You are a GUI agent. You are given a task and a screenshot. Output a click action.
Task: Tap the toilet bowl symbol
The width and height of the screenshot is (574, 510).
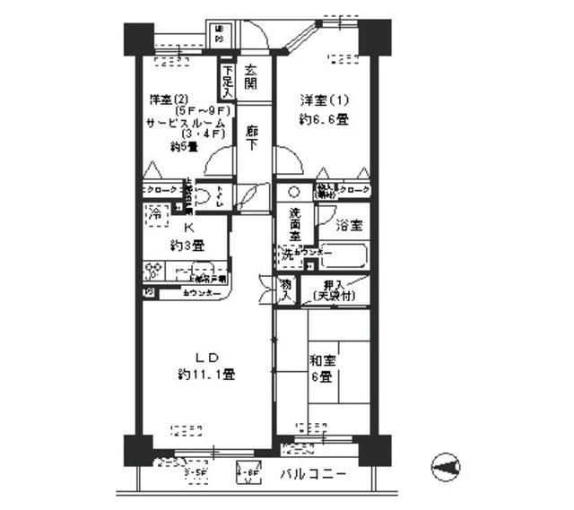[204, 199]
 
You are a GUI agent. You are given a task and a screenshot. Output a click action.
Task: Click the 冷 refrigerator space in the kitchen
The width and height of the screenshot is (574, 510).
[154, 215]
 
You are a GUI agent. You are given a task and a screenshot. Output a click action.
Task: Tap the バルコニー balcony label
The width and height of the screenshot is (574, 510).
[310, 472]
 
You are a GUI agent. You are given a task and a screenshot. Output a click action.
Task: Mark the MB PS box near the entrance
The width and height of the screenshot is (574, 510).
[220, 35]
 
